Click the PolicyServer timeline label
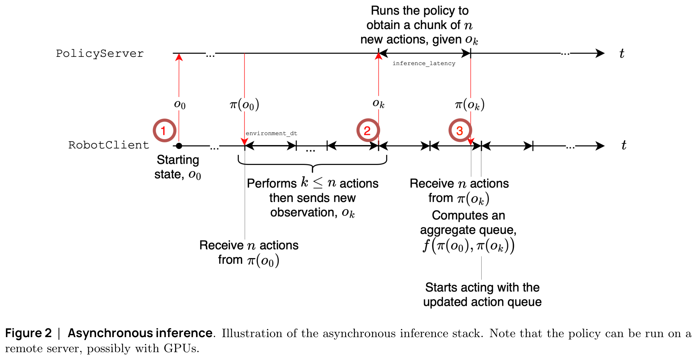pyautogui.click(x=100, y=54)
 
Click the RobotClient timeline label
pyautogui.click(x=108, y=145)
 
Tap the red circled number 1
pyautogui.click(x=165, y=130)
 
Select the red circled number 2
pyautogui.click(x=368, y=130)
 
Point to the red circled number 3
pyautogui.click(x=460, y=130)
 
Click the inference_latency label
pyautogui.click(x=424, y=63)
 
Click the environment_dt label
pyautogui.click(x=271, y=133)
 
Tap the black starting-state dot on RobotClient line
pyautogui.click(x=179, y=146)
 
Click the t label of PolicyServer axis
pyautogui.click(x=622, y=53)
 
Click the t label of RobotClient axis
pyautogui.click(x=623, y=145)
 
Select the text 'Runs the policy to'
pyautogui.click(x=420, y=11)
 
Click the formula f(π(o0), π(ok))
pyautogui.click(x=469, y=245)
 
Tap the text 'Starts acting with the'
pyautogui.click(x=482, y=287)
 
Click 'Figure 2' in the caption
pyautogui.click(x=28, y=333)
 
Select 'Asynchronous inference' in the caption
pyautogui.click(x=140, y=333)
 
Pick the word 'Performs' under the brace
pyautogui.click(x=272, y=184)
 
